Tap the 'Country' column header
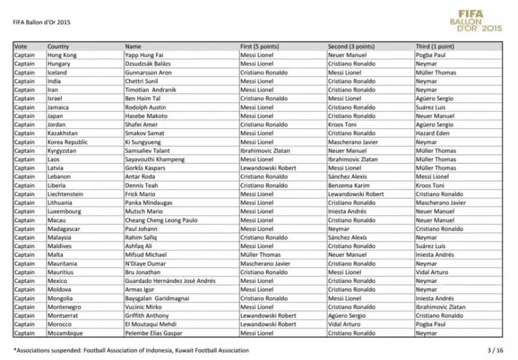point(58,47)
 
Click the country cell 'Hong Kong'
point(62,56)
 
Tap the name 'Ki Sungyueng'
point(142,142)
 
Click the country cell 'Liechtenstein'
point(67,194)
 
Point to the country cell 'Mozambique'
point(66,333)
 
